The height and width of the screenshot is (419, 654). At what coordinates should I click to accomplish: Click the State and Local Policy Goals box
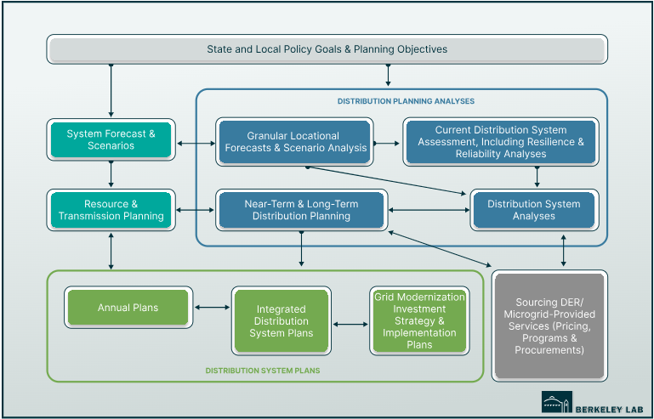coord(327,49)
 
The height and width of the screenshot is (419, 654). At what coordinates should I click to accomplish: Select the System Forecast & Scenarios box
coord(111,140)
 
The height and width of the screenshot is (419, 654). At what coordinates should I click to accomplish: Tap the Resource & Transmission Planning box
coord(111,210)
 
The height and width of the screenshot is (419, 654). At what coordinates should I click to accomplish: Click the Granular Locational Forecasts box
coord(293,142)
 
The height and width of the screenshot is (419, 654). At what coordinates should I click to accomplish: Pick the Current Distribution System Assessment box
coord(500,142)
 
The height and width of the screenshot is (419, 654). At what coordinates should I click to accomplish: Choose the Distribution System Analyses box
coord(534,210)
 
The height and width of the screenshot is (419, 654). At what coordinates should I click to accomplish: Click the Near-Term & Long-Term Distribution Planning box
coord(301,210)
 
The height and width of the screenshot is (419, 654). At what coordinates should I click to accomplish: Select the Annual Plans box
coord(128,308)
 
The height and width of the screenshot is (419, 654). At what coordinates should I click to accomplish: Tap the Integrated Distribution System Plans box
coord(281,321)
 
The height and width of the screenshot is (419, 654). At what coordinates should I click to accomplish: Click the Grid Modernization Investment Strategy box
coord(419,321)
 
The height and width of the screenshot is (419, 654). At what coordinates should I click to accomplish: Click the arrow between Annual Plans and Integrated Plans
coord(210,308)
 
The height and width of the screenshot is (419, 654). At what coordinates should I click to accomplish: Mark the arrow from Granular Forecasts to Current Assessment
coord(387,142)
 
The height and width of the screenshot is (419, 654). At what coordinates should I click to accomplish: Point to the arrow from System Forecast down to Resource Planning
coord(111,174)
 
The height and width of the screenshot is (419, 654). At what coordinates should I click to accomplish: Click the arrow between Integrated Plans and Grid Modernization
coord(350,324)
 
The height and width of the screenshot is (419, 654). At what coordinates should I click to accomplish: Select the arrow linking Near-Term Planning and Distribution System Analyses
coord(429,210)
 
